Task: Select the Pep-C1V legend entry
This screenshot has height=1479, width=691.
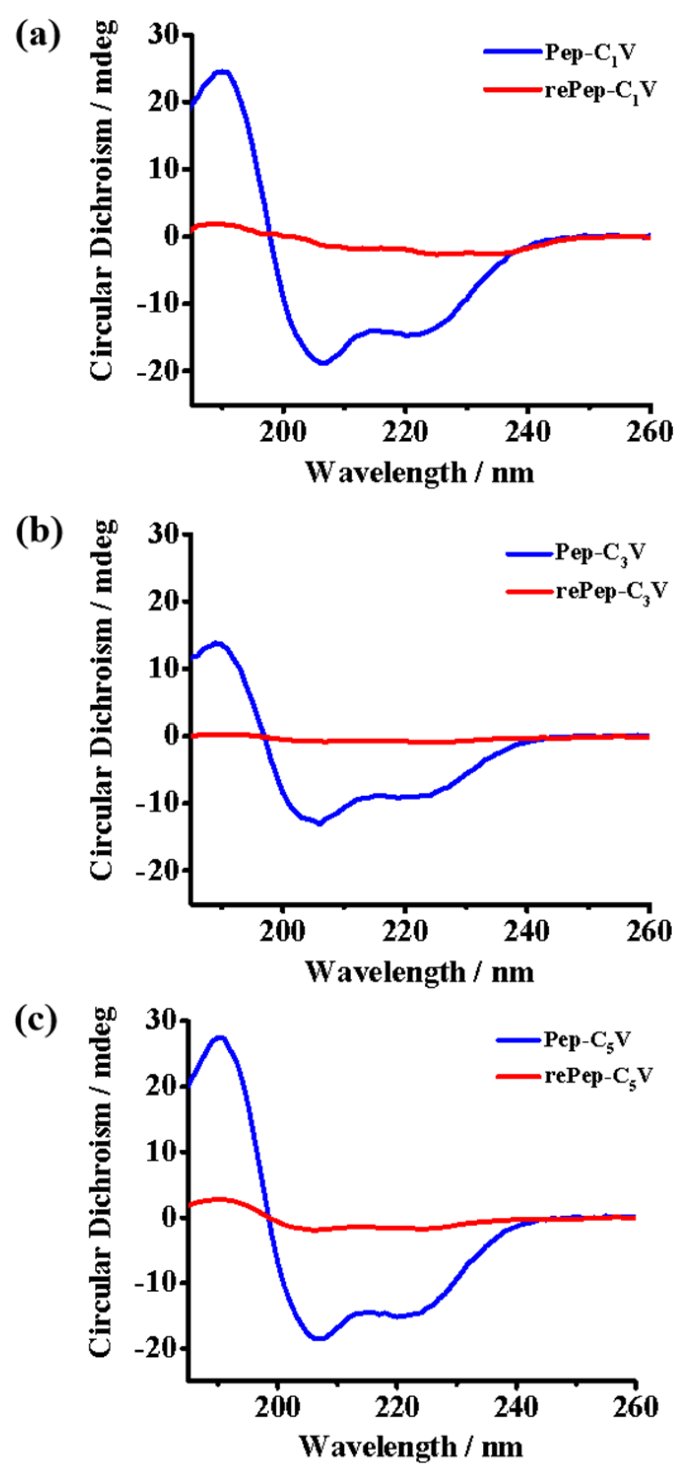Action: pos(590,53)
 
